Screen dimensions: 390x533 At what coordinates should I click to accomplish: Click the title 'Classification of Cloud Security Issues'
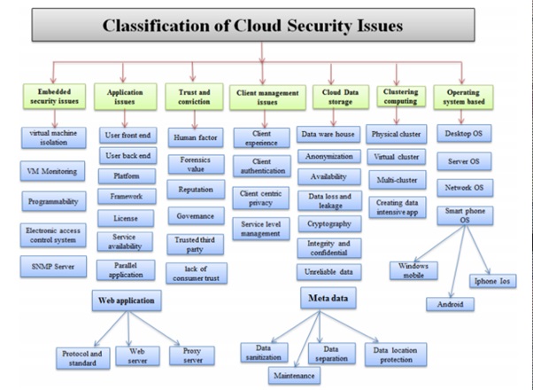[265, 25]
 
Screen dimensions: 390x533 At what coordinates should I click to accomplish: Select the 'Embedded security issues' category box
[53, 97]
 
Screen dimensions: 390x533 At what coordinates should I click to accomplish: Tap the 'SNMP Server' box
[53, 265]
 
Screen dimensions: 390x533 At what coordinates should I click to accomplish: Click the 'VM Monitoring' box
[53, 170]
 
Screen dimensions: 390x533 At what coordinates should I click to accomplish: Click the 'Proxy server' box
[192, 355]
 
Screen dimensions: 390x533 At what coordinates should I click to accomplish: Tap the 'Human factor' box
[196, 137]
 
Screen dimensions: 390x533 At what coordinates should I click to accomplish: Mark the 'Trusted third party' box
[196, 245]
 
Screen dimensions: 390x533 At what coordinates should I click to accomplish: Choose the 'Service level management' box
[261, 229]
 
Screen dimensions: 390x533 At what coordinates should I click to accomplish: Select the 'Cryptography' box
[328, 225]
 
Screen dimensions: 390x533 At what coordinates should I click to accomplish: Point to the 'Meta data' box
[328, 298]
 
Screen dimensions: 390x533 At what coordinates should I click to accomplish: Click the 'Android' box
[451, 304]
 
